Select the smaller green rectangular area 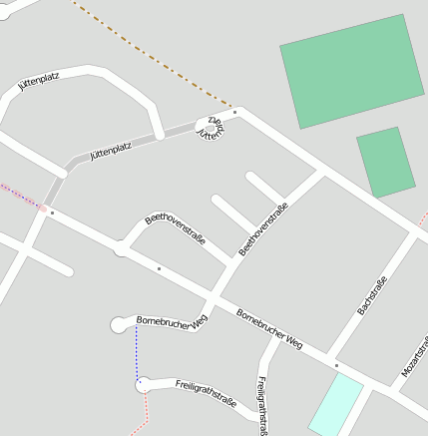(386, 162)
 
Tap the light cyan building (335, 404)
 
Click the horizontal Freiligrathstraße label (206, 394)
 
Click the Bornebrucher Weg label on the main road (269, 328)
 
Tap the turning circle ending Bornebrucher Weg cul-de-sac (119, 323)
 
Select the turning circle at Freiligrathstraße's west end (143, 384)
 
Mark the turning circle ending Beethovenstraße (122, 248)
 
